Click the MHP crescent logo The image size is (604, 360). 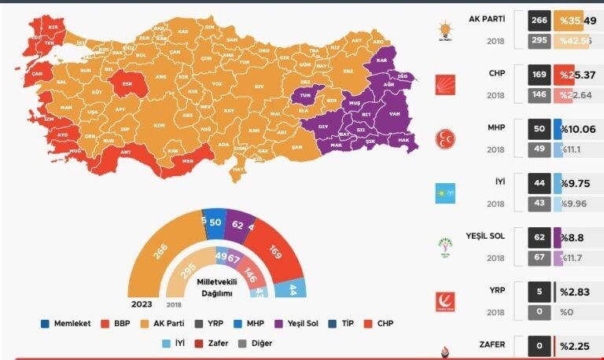point(446,139)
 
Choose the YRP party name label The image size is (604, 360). point(495,289)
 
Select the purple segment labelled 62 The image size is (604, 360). point(239,224)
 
